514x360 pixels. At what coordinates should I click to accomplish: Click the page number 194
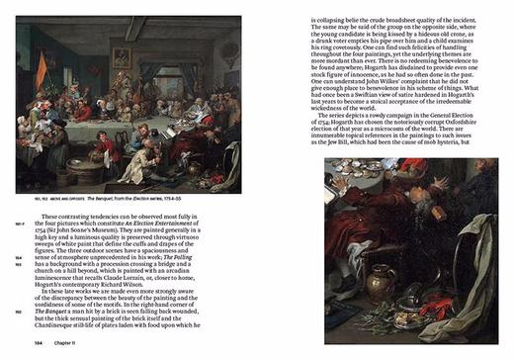[30, 342]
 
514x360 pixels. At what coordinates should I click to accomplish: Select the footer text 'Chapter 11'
[57, 342]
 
